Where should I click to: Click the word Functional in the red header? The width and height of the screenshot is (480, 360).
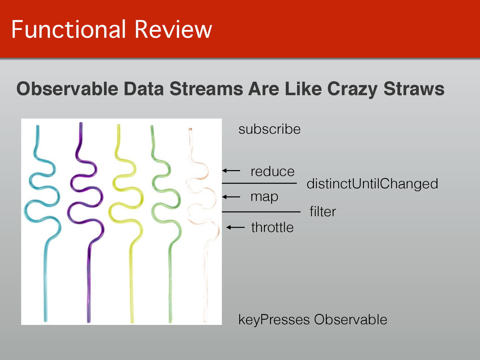pos(68,29)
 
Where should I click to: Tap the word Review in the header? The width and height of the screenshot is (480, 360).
pos(173,29)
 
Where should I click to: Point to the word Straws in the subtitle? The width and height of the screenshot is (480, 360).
pos(414,88)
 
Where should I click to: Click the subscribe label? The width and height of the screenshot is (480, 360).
pos(269,129)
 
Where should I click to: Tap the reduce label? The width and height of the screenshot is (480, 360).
pos(272,171)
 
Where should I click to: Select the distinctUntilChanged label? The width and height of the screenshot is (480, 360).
pos(372,184)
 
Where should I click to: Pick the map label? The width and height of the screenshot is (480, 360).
pos(264,197)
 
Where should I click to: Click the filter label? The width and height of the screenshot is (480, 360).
pos(322,211)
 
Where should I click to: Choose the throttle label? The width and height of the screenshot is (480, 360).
pos(272,227)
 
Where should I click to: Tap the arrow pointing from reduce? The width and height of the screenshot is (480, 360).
pos(231,170)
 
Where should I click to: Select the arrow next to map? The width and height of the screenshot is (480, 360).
pos(231,197)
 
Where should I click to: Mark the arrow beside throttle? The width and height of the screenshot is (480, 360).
pos(235,227)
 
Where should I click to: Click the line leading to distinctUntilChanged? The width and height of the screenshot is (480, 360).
pos(259,183)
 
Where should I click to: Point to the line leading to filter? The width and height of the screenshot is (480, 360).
pos(261,212)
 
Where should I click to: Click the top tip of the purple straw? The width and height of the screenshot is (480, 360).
pos(81,123)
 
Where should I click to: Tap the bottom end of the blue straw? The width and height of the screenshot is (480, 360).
pos(46,321)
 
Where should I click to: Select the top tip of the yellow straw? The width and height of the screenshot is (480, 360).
pos(118,125)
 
